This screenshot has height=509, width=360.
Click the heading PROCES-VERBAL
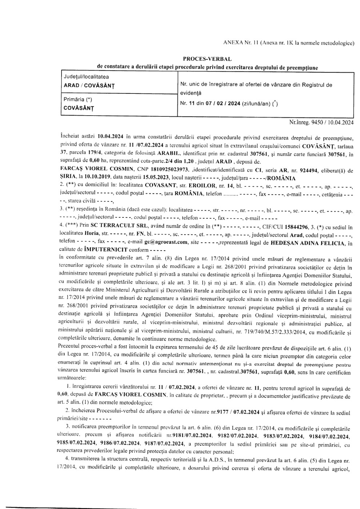coord(207,59)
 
